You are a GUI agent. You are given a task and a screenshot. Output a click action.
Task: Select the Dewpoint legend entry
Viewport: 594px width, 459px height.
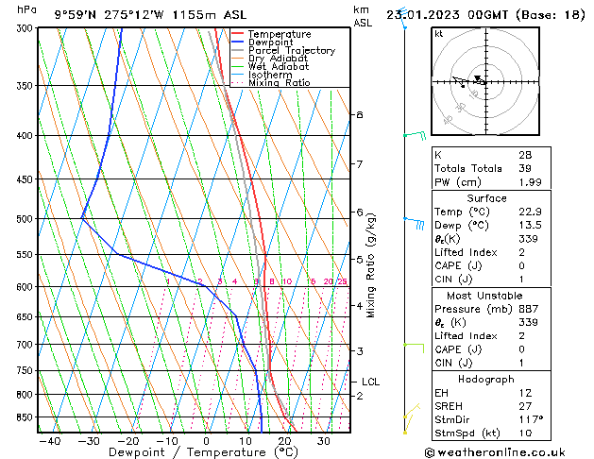(271, 42)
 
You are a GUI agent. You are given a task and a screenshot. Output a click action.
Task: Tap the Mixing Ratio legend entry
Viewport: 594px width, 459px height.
(279, 83)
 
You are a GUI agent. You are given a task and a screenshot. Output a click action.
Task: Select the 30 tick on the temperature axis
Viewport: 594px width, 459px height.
(323, 440)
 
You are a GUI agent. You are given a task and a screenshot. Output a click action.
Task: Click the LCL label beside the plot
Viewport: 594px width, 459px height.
(370, 382)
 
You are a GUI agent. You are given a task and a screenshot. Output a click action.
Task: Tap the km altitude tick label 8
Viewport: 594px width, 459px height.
(359, 114)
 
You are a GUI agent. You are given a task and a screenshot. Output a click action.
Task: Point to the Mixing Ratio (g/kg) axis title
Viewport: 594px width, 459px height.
(371, 265)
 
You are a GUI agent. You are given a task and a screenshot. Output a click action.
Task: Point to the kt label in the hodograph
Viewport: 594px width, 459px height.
(438, 34)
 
